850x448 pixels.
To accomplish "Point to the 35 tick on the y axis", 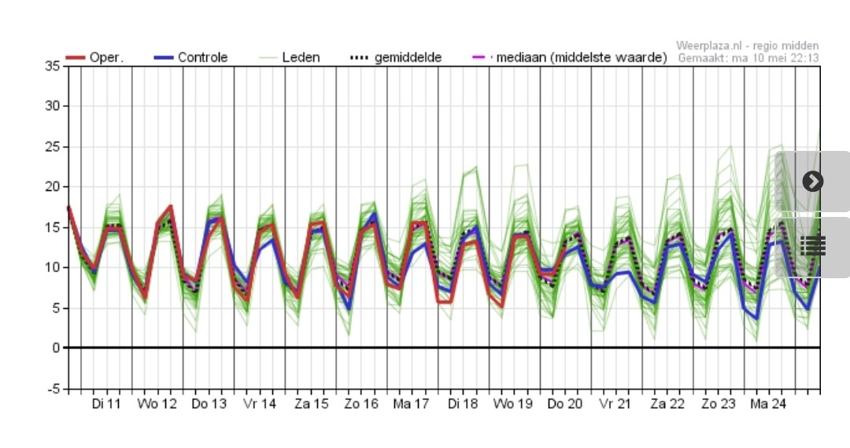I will click(x=52, y=66).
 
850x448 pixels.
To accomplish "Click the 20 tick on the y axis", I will click(x=52, y=187).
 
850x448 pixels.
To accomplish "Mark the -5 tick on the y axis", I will click(x=52, y=388).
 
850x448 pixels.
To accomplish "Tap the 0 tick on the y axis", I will click(x=55, y=348).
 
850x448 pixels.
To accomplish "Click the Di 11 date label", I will click(x=106, y=404).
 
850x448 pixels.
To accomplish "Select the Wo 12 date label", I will click(x=157, y=404).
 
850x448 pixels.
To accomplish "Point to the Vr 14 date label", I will click(x=260, y=404).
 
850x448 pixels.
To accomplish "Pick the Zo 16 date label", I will click(x=361, y=404).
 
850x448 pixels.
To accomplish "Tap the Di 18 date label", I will click(x=464, y=404).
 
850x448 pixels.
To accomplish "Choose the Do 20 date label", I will click(x=565, y=404).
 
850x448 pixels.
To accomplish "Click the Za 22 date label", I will click(x=667, y=404).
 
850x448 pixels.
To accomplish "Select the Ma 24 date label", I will click(x=769, y=404).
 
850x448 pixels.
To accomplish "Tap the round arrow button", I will click(x=812, y=182).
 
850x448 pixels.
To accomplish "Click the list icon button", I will click(x=812, y=246).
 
